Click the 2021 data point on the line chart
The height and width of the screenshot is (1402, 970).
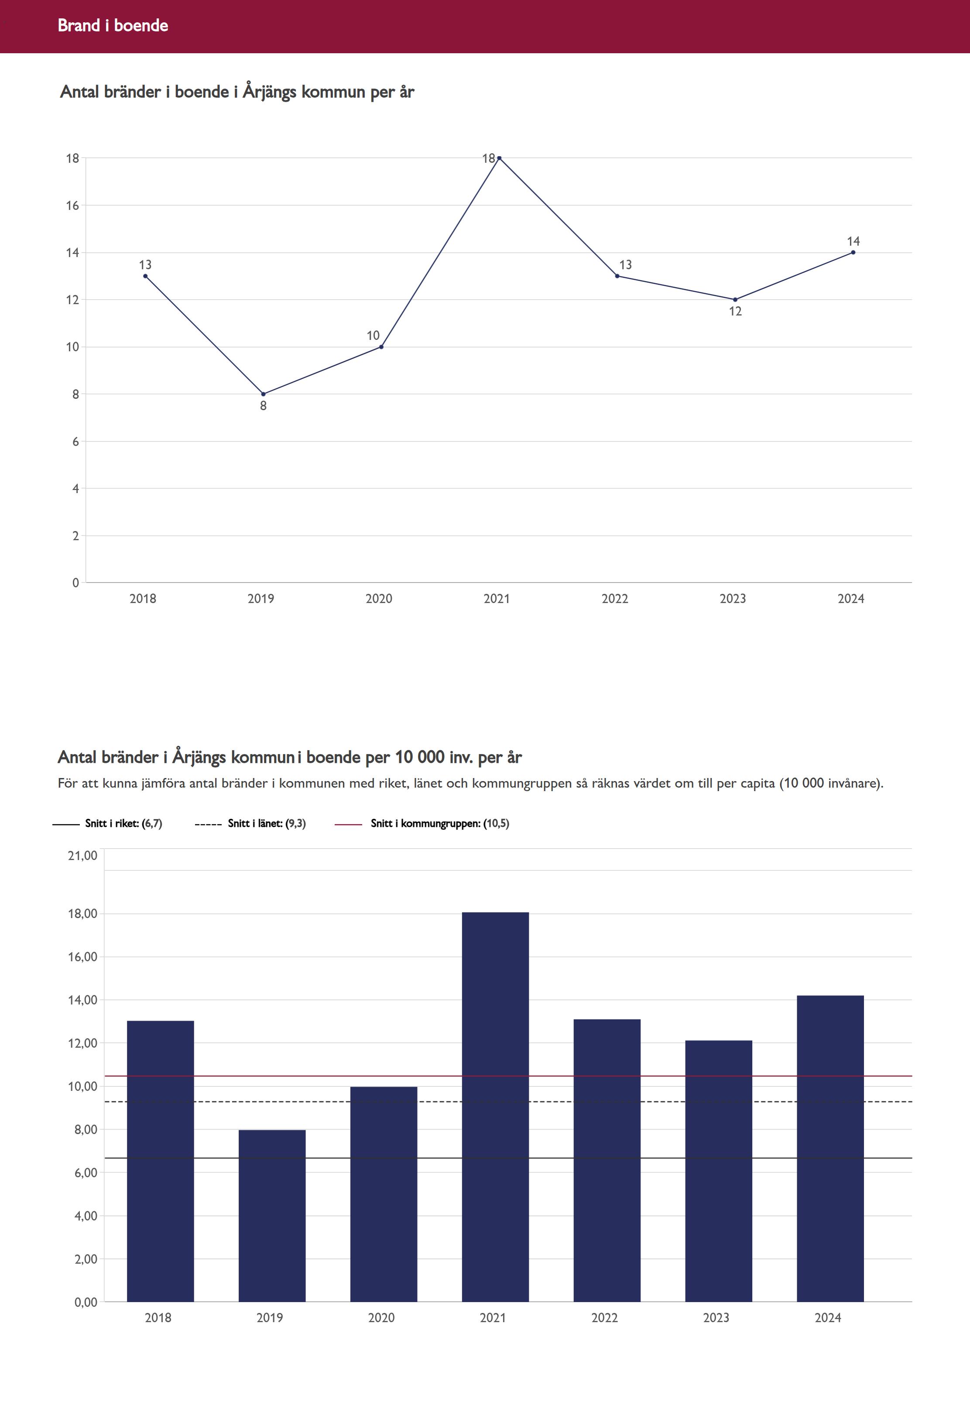coord(499,158)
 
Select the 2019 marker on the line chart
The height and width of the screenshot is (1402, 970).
coord(263,394)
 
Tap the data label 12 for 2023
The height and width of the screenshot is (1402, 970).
coord(735,312)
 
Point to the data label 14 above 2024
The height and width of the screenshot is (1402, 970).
coord(853,241)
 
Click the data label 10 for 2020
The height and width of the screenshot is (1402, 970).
coord(373,336)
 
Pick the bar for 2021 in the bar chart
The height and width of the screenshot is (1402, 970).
coord(495,1106)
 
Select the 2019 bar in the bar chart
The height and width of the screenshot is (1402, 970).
coord(272,1215)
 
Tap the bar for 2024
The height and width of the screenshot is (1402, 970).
coord(830,1148)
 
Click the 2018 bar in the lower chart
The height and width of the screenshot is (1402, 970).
coord(161,1161)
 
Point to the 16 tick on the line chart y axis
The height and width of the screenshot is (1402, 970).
coord(73,206)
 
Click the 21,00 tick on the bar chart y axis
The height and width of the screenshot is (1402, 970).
coord(82,856)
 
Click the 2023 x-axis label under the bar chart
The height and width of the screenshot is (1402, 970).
coord(716,1317)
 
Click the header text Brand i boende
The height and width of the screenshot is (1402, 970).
coord(113,25)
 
